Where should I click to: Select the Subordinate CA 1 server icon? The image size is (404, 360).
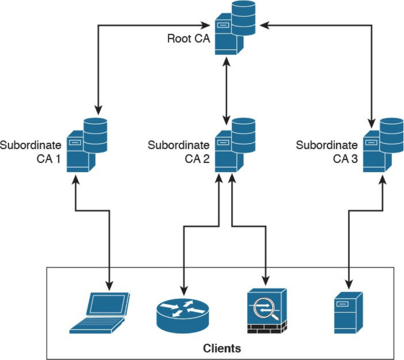tap(86, 145)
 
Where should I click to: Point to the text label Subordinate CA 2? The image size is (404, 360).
tap(179, 152)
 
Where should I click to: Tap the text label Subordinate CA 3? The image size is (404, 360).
tap(327, 152)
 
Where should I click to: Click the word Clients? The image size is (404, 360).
tap(222, 348)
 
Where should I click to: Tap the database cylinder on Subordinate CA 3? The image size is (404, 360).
tap(391, 135)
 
